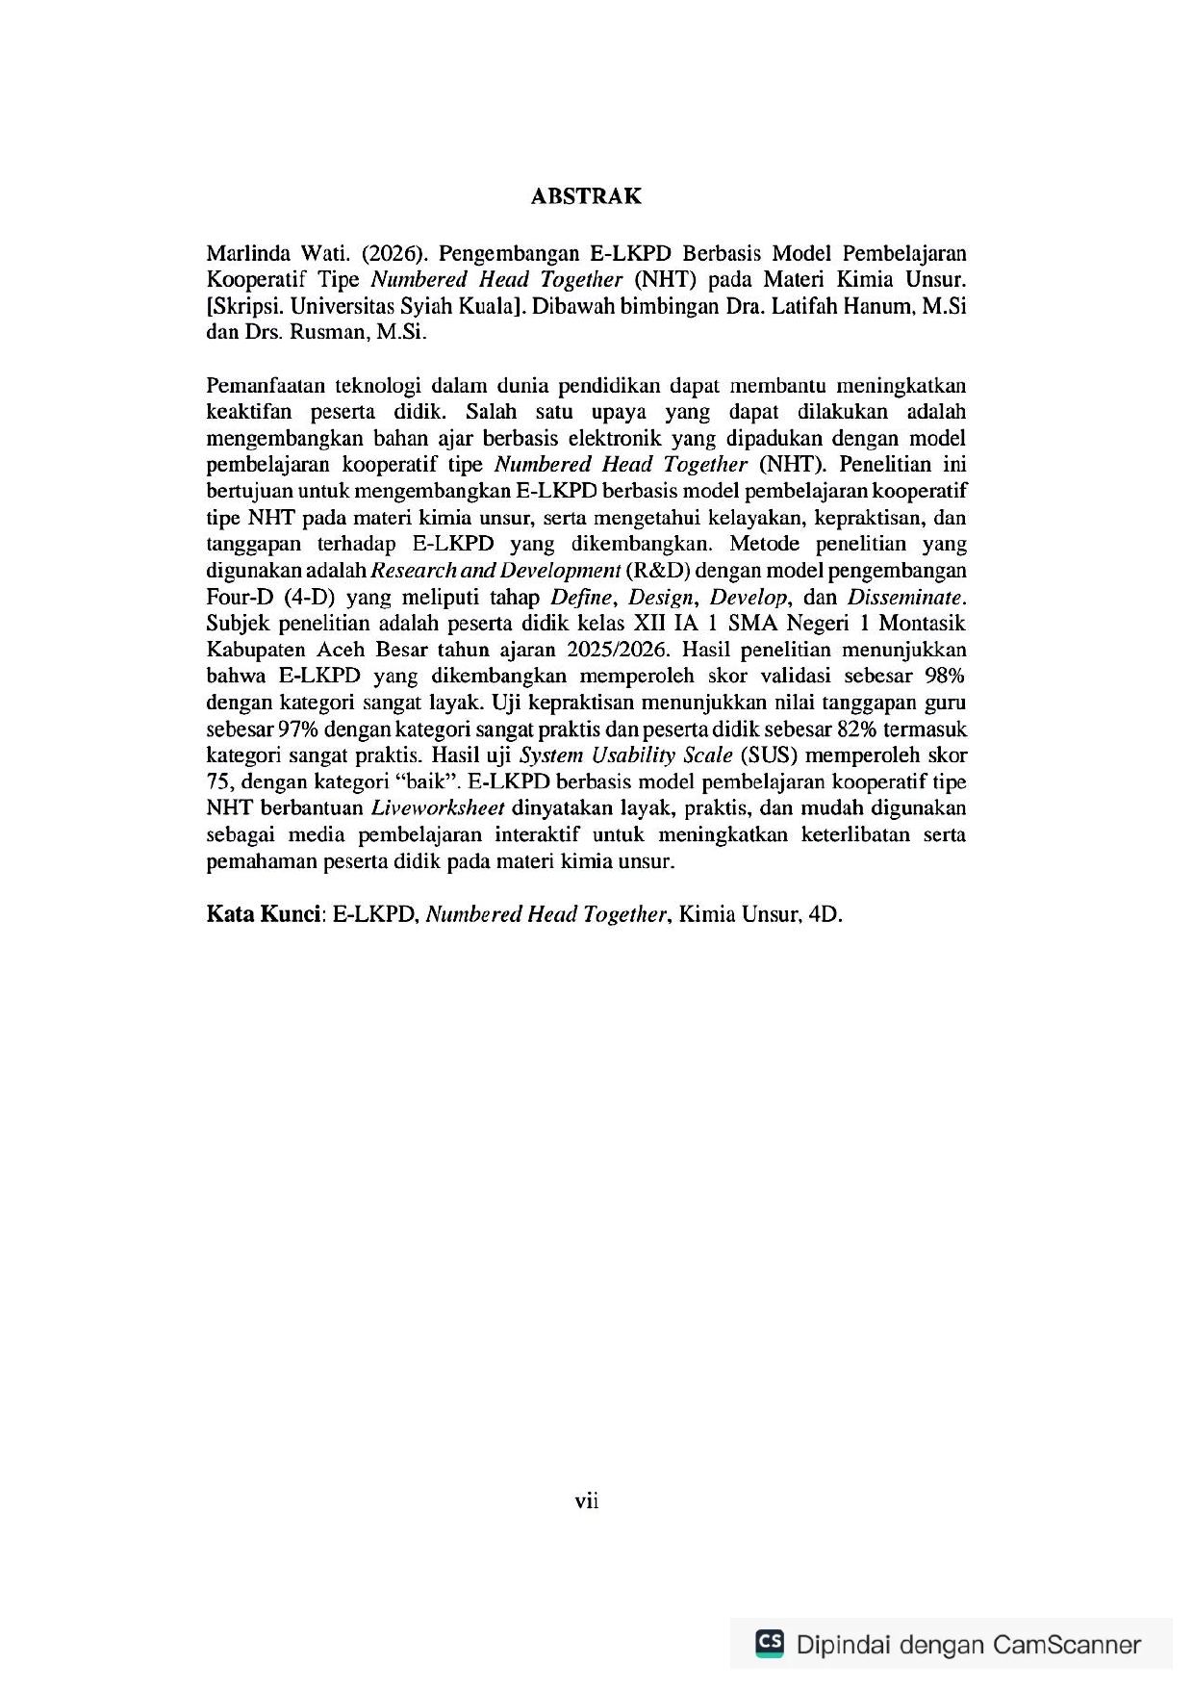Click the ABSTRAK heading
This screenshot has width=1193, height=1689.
(586, 196)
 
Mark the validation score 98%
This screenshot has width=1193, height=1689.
(944, 676)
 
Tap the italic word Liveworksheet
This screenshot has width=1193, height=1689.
(438, 807)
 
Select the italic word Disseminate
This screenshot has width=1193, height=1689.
(903, 597)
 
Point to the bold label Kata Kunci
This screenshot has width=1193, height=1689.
(263, 914)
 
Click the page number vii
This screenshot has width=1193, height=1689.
(586, 1500)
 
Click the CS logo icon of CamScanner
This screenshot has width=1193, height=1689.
(769, 1643)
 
